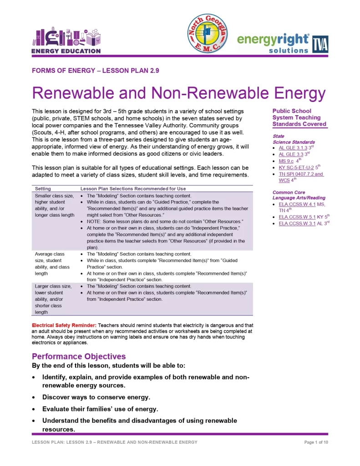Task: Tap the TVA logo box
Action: click(x=320, y=44)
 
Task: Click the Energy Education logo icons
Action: click(x=66, y=36)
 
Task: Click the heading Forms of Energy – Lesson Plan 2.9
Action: click(x=95, y=70)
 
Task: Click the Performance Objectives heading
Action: click(x=78, y=356)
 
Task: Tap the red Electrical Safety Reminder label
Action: click(x=64, y=325)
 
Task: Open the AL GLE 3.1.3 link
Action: click(x=293, y=148)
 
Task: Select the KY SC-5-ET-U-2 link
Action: click(x=296, y=167)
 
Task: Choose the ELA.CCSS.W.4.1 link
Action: click(x=297, y=204)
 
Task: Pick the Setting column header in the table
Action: click(x=43, y=188)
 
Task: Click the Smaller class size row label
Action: click(x=54, y=196)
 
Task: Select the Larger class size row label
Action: click(x=53, y=286)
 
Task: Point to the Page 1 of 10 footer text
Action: click(x=316, y=442)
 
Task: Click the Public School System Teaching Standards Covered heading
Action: click(x=299, y=117)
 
